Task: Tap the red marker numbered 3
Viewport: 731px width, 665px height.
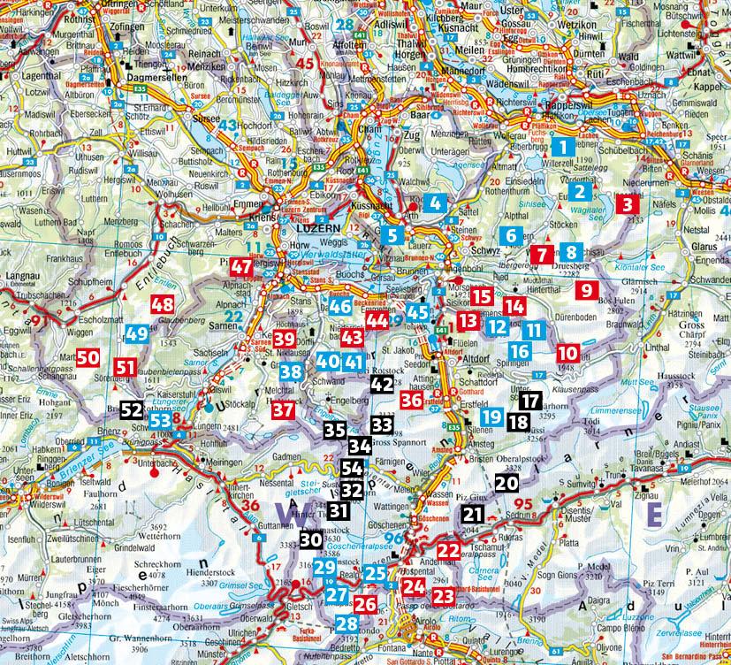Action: (x=628, y=205)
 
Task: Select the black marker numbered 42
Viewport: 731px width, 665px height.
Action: (x=382, y=385)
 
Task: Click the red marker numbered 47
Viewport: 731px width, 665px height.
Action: (x=240, y=266)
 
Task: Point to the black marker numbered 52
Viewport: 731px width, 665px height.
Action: (x=130, y=409)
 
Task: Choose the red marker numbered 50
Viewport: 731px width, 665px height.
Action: (x=87, y=357)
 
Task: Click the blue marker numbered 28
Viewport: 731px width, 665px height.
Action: (x=346, y=624)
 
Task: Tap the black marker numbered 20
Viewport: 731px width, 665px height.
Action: (x=506, y=483)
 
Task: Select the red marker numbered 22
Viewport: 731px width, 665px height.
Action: (x=448, y=551)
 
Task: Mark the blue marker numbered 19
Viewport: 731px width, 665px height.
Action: (x=492, y=416)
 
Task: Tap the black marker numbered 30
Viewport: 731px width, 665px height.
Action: (x=310, y=539)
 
